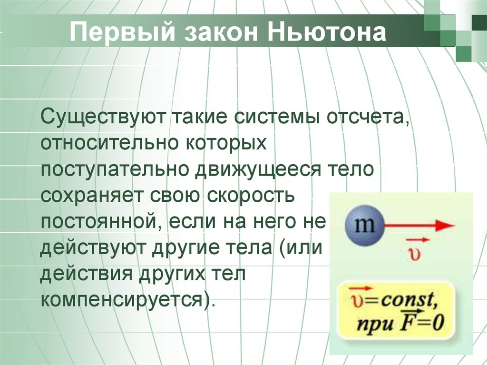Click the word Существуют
[x=102, y=117]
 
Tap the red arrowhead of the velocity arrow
[x=445, y=226]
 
